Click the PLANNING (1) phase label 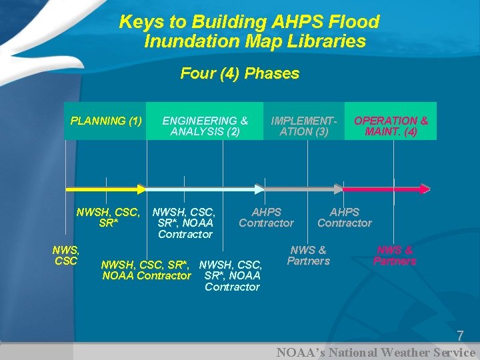pos(106,121)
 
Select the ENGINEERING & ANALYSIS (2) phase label pos(205,126)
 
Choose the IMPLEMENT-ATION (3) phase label pos(303,126)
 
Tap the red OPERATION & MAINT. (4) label pos(391,126)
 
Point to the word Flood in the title pos(354,22)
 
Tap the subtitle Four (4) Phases pos(240,73)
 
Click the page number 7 pos(459,336)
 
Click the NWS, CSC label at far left pos(66,255)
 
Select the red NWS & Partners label pos(395,255)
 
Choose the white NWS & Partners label pos(308,255)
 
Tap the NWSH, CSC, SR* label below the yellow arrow pos(108,218)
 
